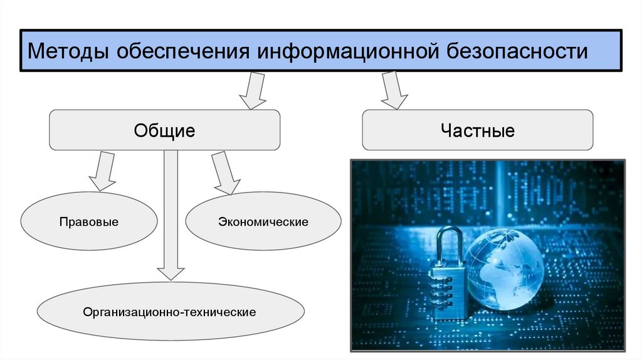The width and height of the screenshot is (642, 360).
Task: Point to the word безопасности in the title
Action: click(x=517, y=50)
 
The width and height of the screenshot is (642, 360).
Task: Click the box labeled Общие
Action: click(x=164, y=130)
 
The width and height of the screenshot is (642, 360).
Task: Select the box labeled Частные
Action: click(x=477, y=130)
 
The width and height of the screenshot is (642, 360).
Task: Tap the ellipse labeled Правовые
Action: click(x=89, y=221)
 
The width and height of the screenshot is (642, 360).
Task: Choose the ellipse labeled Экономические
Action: click(x=263, y=222)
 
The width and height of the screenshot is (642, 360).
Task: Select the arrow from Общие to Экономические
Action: click(x=223, y=172)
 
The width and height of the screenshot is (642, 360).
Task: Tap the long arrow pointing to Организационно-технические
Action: click(x=171, y=213)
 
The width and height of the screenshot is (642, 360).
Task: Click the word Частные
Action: click(x=477, y=130)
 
